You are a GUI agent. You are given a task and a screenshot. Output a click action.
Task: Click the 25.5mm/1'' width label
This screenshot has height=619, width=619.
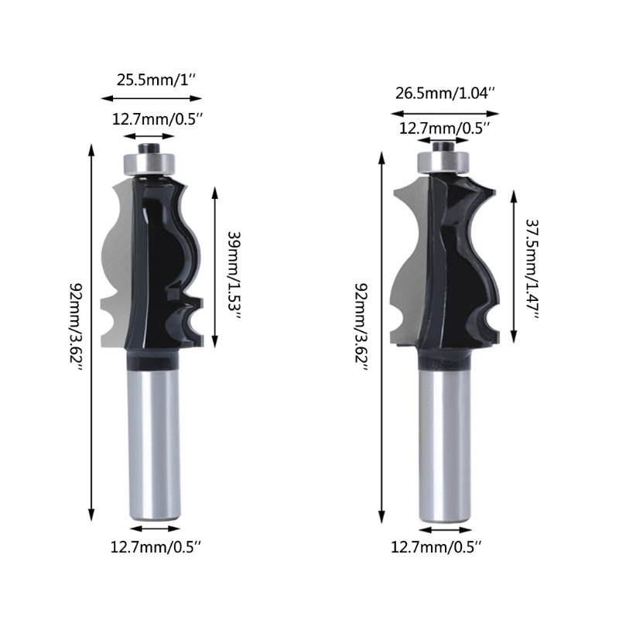[x=152, y=79]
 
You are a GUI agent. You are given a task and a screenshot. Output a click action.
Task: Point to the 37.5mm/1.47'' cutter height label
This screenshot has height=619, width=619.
[x=532, y=268]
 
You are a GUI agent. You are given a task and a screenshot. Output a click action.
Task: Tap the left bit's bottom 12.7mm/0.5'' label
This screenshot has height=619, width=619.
[x=157, y=546]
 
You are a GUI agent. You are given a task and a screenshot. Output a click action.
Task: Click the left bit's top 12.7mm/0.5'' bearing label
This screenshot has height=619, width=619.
[x=157, y=119]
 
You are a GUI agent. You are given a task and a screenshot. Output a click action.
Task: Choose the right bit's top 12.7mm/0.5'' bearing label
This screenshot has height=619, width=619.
[x=443, y=127]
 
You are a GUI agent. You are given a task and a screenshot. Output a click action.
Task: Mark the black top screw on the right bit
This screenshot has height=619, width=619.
[x=443, y=143]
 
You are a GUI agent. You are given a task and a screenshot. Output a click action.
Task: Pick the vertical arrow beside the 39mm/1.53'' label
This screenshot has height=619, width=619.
[x=214, y=267]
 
